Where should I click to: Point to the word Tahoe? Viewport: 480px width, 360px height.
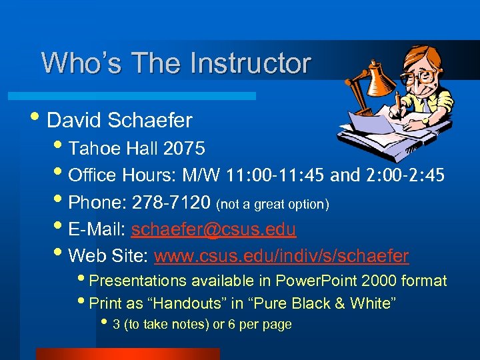click(94, 148)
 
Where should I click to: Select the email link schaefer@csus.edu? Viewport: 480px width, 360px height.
click(213, 229)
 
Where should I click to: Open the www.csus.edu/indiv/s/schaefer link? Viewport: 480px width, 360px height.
click(281, 256)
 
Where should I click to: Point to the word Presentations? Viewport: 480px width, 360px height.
click(135, 281)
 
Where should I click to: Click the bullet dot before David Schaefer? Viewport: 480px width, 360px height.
click(41, 120)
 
